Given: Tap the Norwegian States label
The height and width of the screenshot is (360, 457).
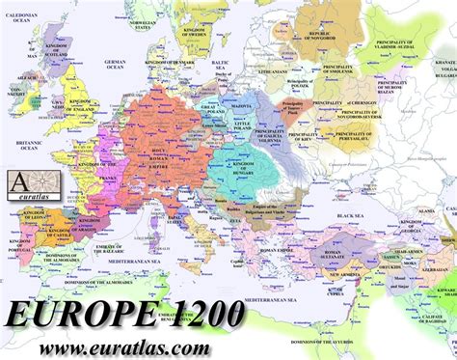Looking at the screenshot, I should point(158,25).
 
